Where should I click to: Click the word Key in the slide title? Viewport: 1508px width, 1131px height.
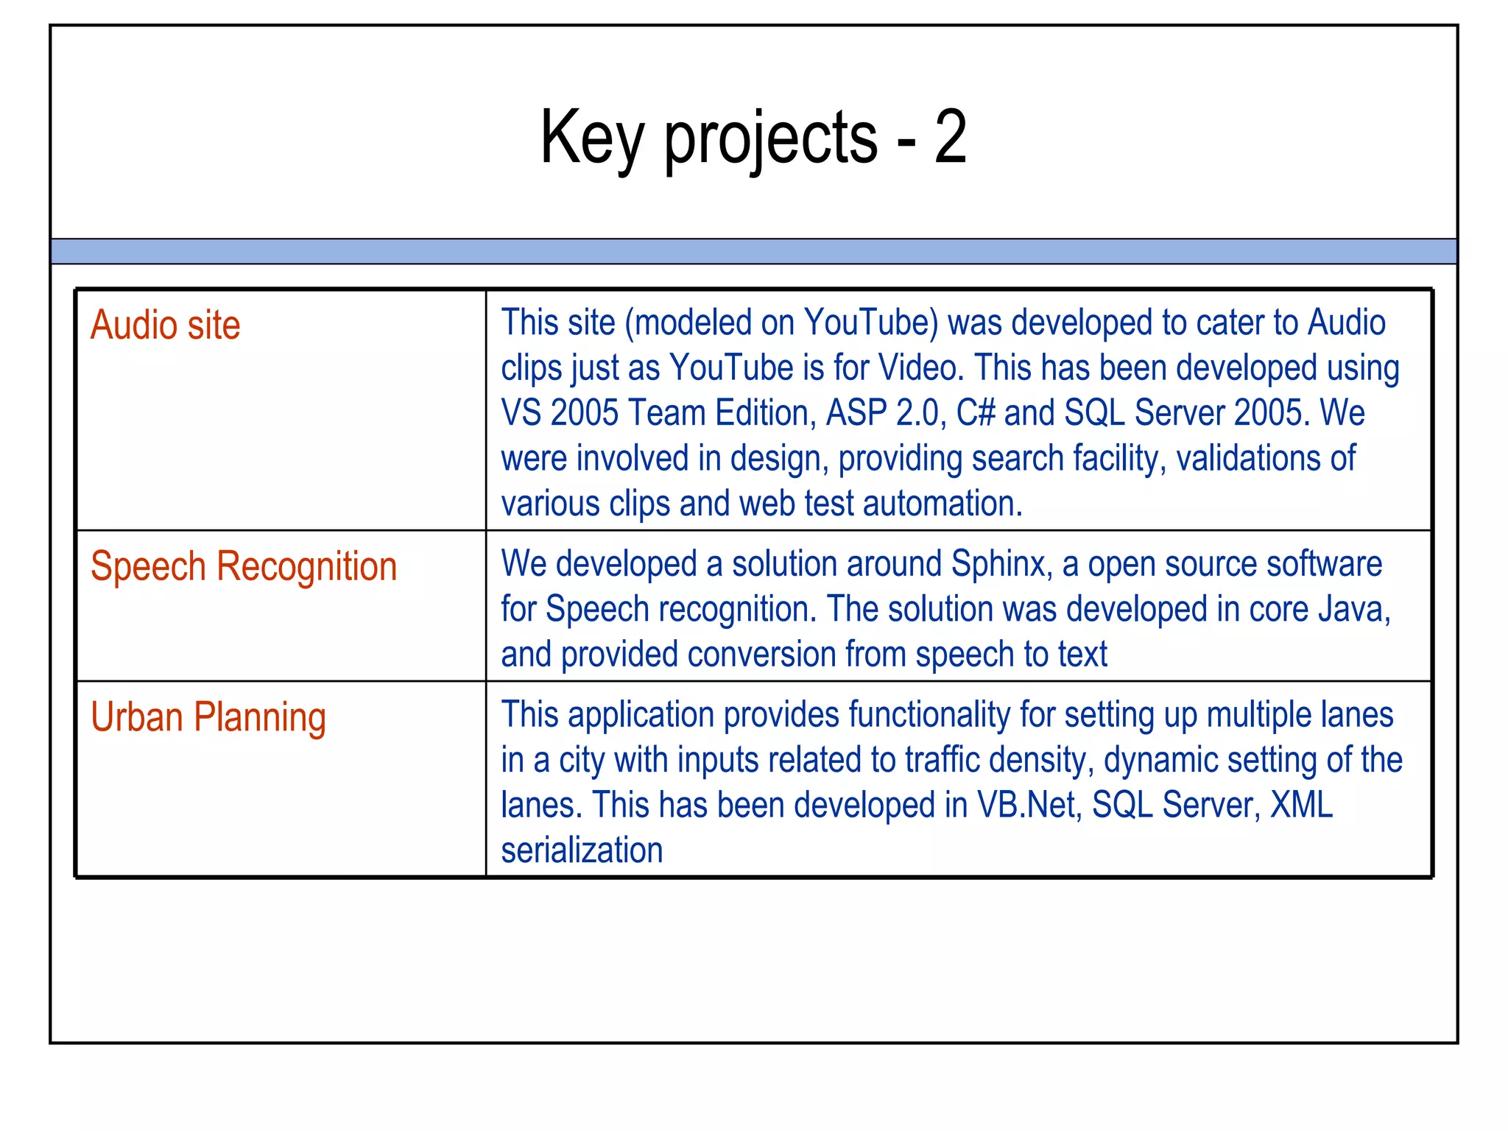click(592, 137)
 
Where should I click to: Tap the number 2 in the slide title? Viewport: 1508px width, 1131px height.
click(950, 137)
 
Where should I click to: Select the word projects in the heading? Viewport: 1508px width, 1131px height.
click(771, 140)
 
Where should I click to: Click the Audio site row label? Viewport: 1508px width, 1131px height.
click(165, 325)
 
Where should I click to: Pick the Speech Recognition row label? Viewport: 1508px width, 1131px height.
click(244, 567)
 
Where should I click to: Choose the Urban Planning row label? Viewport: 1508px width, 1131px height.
click(208, 717)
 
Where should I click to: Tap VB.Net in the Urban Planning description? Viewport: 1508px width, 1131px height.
click(1029, 805)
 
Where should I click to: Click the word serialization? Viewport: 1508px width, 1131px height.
click(582, 850)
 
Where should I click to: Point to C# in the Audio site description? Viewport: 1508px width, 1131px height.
click(975, 413)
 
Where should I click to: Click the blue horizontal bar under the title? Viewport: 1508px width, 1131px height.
click(754, 251)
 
